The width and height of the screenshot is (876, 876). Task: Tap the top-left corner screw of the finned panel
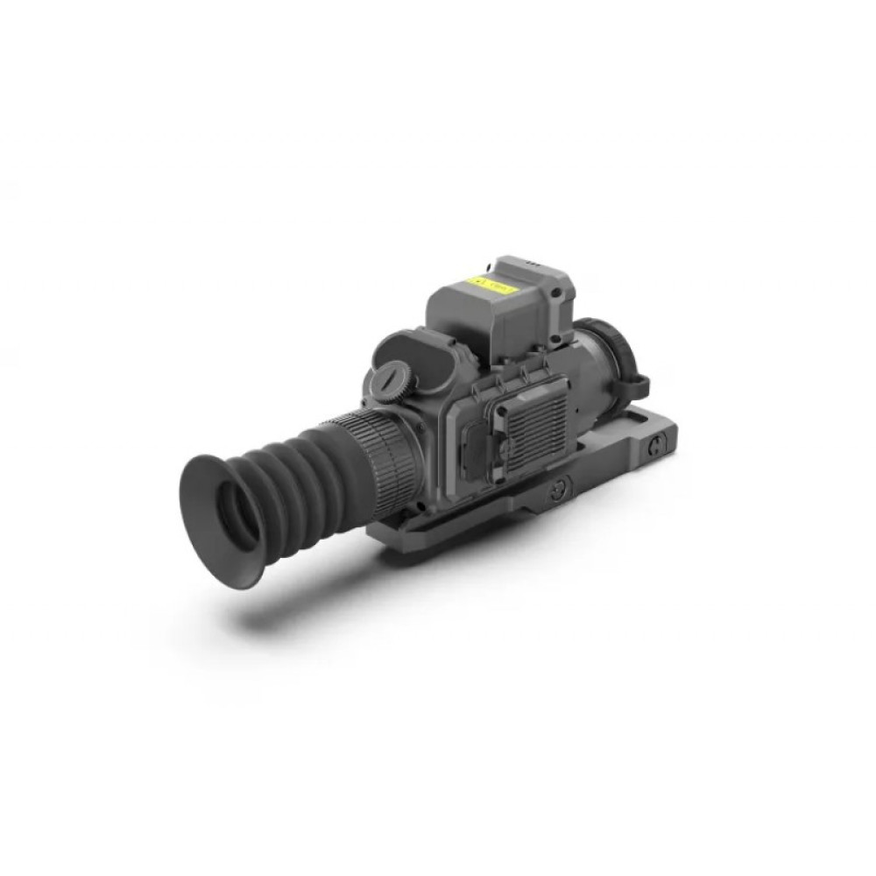point(501,389)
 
